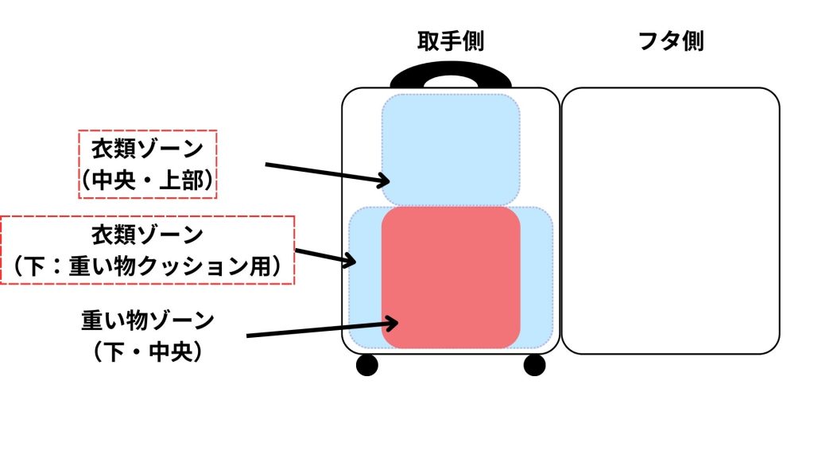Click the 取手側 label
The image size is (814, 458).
tap(451, 42)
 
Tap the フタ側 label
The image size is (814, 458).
tap(671, 42)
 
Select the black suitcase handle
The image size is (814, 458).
tap(451, 75)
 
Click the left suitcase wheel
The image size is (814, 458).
tap(366, 365)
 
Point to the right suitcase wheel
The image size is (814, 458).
tap(535, 365)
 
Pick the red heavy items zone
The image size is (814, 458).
tap(451, 277)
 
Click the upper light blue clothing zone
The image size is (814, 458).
tap(451, 147)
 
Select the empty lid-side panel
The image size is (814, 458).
tap(670, 220)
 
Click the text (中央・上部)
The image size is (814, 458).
tap(148, 182)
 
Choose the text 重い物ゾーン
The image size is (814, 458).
tap(148, 321)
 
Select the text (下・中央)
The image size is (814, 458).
tap(148, 351)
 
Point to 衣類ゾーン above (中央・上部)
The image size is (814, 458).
tap(148, 149)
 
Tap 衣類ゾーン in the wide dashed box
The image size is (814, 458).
tap(146, 235)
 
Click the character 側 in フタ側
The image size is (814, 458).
tap(692, 42)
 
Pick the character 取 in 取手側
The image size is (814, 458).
tap(429, 42)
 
